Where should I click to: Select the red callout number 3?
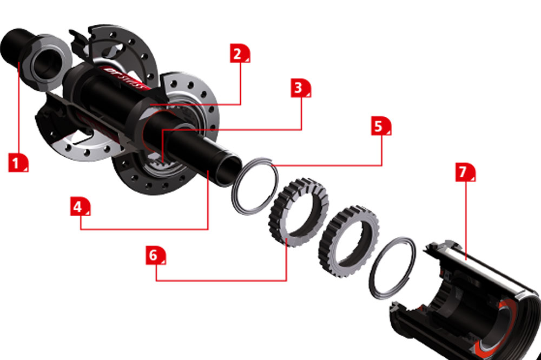pyautogui.click(x=301, y=87)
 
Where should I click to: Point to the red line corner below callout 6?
pyautogui.click(x=156, y=280)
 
